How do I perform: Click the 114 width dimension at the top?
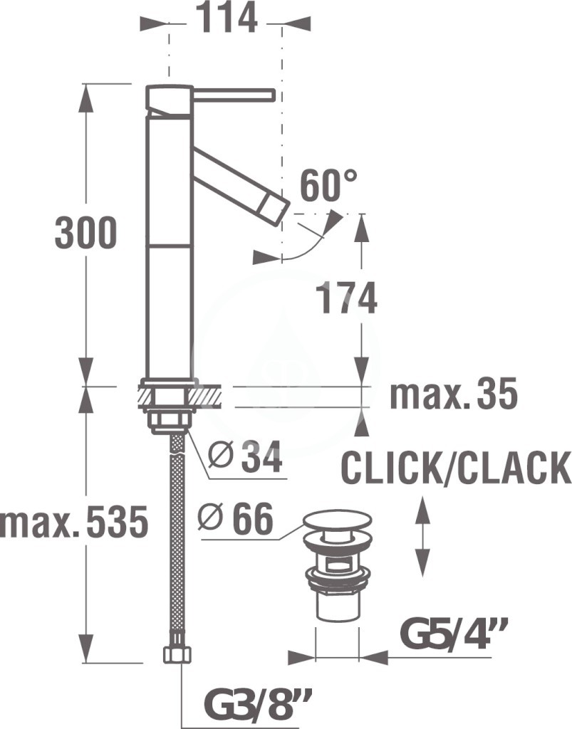tap(226, 18)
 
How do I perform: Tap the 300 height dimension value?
tap(85, 233)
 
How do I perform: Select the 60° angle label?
tap(328, 185)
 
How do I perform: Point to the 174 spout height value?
tap(346, 298)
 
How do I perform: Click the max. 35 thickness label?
tap(454, 393)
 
